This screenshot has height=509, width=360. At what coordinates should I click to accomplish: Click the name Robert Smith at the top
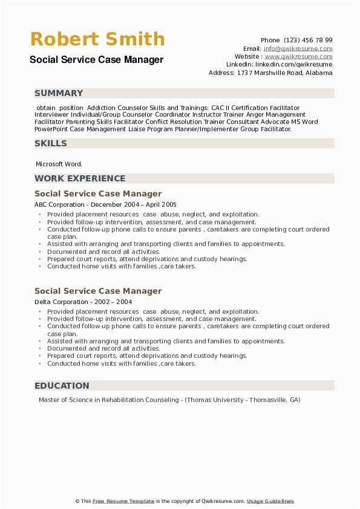pos(97,39)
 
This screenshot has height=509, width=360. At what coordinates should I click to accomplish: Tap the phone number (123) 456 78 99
pos(310,41)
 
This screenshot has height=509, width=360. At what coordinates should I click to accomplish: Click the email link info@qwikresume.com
pos(298,48)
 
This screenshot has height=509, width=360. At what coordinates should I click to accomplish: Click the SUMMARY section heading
pos(59,93)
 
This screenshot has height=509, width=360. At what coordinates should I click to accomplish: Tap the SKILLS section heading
pos(51,143)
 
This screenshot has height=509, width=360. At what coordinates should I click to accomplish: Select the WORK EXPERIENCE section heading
pos(80,178)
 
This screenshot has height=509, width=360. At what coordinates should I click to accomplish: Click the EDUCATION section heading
pos(62,386)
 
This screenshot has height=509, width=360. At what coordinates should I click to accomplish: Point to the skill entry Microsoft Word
pos(59,164)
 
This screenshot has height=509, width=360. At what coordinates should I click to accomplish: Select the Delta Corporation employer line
pos(83,302)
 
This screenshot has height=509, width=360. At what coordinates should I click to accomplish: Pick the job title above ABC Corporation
pos(98,194)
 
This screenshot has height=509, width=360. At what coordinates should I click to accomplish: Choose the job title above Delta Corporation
pos(98,291)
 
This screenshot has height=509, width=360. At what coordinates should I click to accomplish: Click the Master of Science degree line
pos(169,400)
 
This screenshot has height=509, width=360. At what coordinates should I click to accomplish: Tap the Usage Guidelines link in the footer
pos(270,501)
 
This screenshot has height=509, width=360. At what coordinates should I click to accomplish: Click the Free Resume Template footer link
pos(124,501)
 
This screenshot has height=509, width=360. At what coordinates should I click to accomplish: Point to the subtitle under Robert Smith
pos(96,60)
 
